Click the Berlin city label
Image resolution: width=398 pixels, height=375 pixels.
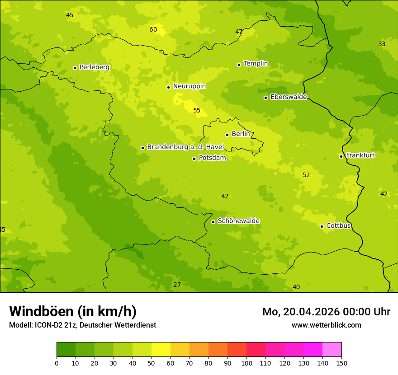click(x=241, y=134)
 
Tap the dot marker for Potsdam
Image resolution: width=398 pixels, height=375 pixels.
click(x=194, y=159)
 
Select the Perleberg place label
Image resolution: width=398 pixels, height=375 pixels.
click(x=95, y=67)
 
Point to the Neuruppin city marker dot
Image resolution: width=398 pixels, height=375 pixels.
click(x=168, y=87)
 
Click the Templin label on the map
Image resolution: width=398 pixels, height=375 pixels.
click(x=256, y=64)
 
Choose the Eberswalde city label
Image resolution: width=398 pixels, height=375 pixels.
click(x=289, y=97)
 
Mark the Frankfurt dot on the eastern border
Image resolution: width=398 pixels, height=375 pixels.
click(x=341, y=156)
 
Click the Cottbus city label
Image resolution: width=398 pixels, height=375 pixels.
click(x=338, y=226)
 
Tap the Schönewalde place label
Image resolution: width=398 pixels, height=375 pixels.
click(x=238, y=221)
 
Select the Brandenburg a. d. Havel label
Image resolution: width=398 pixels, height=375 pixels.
click(x=185, y=147)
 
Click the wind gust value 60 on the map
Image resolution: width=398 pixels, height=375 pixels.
click(x=153, y=30)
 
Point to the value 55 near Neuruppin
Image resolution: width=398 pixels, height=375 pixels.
click(x=197, y=111)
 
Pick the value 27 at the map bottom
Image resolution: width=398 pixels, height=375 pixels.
click(x=177, y=285)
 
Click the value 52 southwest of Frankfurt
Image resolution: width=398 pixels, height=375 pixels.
click(x=306, y=175)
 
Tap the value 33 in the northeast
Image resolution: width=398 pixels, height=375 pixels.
click(x=382, y=44)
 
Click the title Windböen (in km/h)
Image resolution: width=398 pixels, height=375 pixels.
click(x=73, y=311)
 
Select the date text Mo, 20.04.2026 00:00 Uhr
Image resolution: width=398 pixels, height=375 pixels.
click(x=326, y=312)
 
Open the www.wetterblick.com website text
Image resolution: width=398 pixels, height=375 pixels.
click(x=326, y=325)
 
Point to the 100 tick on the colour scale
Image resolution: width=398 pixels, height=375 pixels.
click(x=246, y=363)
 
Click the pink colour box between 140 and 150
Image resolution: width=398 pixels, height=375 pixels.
click(x=332, y=349)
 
